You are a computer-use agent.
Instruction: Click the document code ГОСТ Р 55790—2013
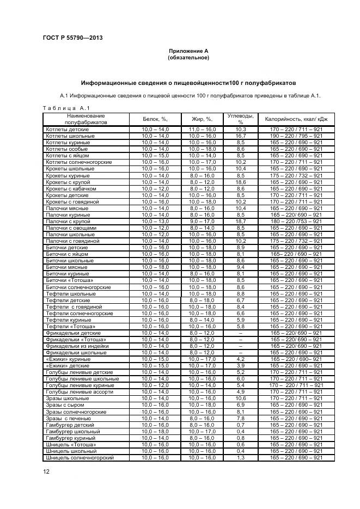coord(72,38)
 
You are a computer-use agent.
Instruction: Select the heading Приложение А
coord(188,51)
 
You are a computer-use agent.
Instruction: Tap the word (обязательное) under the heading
coord(188,57)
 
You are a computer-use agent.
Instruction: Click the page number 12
coord(46,471)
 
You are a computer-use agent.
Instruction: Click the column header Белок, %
coord(155,119)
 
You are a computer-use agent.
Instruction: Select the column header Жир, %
coord(202,119)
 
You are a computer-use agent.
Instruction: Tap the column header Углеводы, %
coord(241,119)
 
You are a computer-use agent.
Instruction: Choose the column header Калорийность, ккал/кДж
coord(296,119)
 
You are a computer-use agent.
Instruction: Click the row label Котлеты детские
coord(67,129)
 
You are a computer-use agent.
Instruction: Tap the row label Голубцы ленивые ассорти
coord(80,392)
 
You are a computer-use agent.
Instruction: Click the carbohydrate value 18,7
coord(241,221)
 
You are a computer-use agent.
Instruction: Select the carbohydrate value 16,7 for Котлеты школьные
coord(241,136)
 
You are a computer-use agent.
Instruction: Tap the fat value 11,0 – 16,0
coord(202,129)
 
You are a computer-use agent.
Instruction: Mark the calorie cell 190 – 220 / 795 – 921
coord(296,136)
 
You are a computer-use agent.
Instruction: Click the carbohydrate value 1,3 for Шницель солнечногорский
coord(241,457)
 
